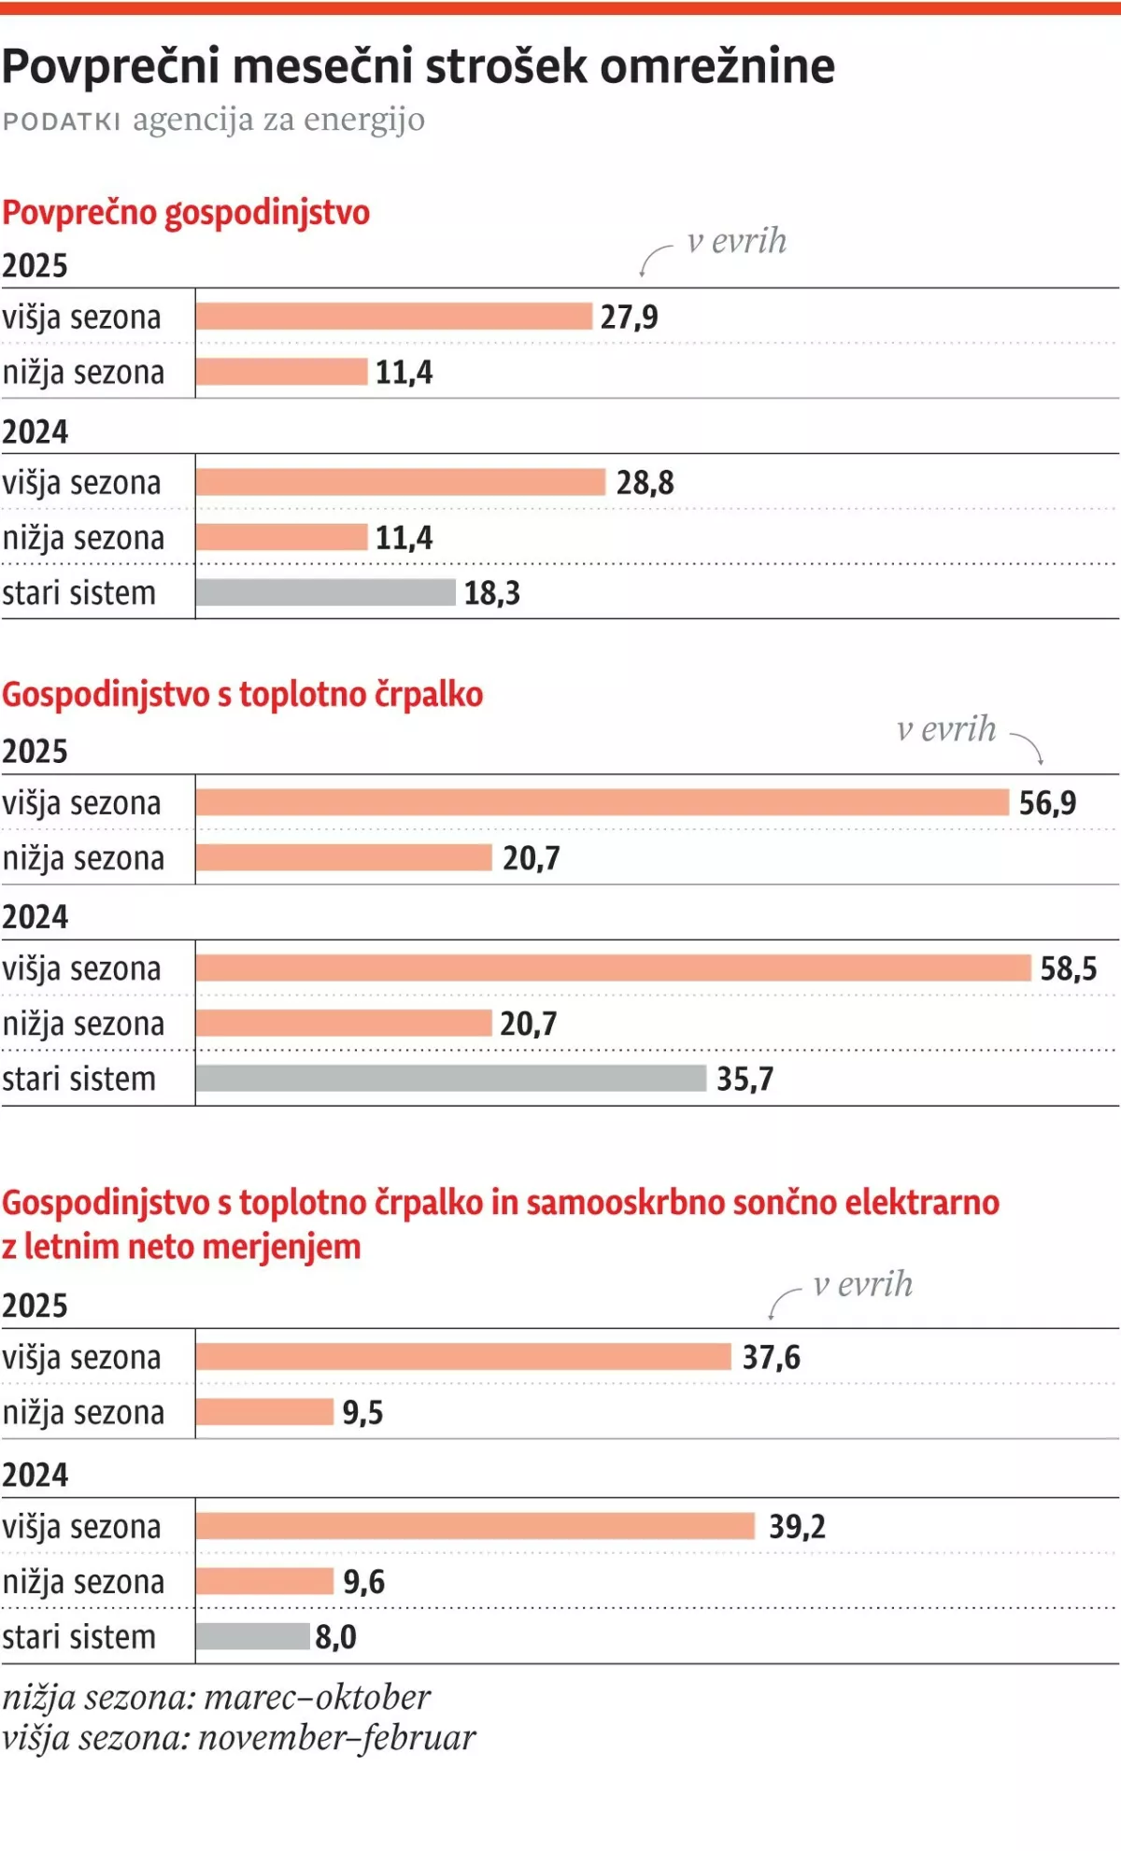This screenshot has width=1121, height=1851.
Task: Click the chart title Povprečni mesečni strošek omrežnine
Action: pos(419,66)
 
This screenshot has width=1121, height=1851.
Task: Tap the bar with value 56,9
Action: pos(603,802)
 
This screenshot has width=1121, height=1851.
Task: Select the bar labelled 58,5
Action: pos(613,968)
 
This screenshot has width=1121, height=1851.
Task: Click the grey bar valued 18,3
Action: pos(325,592)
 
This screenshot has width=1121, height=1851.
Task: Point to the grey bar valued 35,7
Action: pos(450,1079)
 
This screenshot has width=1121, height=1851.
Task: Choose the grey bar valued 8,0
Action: pos(252,1636)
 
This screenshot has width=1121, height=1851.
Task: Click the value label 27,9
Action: pos(629,318)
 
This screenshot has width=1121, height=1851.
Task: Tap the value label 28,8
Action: pos(645,483)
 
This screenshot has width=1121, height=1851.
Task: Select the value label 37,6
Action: pos(771,1357)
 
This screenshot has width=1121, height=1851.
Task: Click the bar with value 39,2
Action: pos(475,1526)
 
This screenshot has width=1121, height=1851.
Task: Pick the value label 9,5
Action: pos(362,1412)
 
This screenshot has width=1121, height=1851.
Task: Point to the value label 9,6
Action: pos(363,1581)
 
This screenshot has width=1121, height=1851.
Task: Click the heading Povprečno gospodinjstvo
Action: pos(186,213)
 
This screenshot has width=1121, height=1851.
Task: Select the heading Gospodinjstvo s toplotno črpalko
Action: pos(242,695)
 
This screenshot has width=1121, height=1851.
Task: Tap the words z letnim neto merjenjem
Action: pos(181,1247)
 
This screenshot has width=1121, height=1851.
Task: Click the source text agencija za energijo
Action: pos(278,120)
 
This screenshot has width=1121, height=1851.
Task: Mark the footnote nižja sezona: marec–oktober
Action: pos(216,1697)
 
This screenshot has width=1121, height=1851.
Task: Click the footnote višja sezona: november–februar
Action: pos(238,1738)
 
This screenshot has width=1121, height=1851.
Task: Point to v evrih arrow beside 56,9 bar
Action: pos(1028,747)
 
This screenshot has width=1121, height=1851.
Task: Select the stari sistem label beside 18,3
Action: pos(78,593)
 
